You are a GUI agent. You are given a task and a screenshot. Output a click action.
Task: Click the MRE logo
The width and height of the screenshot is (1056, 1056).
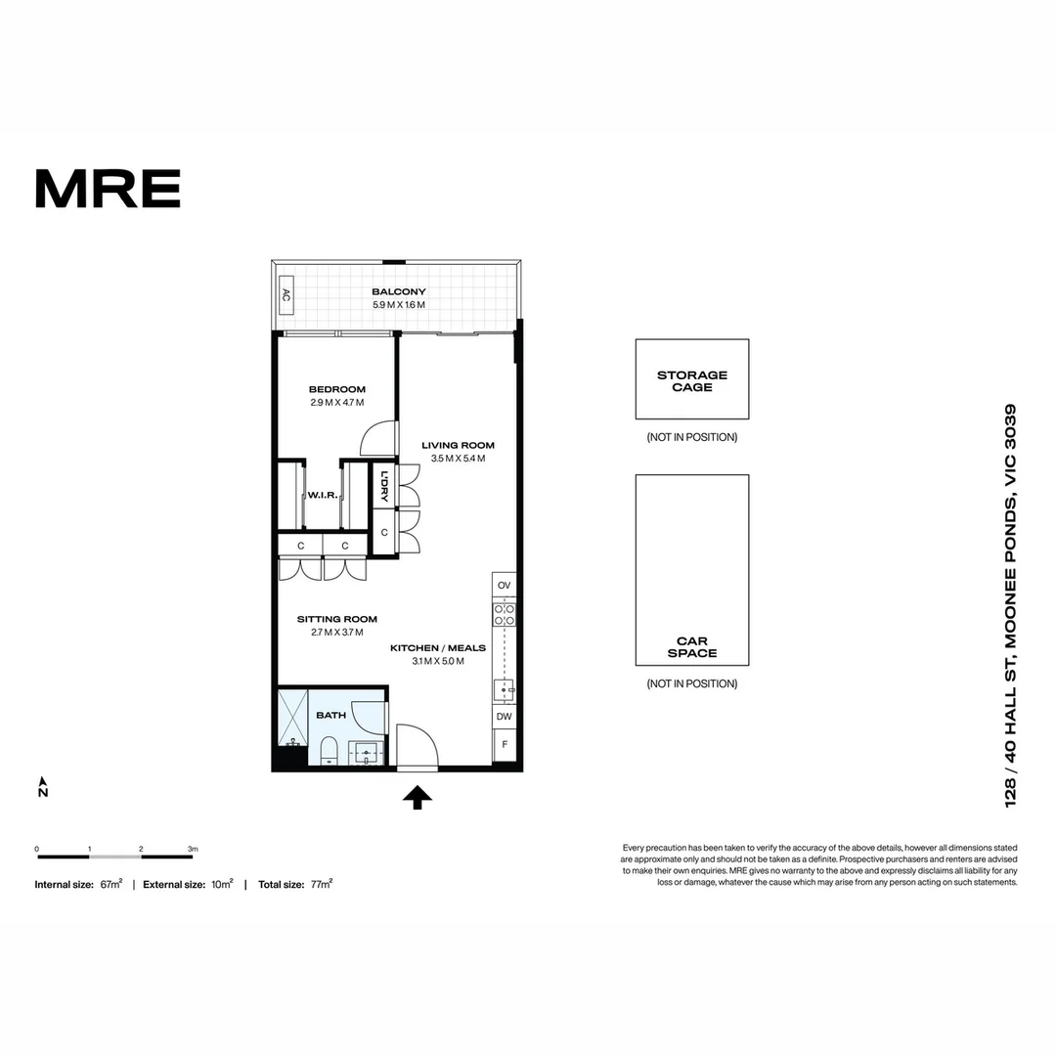tap(108, 189)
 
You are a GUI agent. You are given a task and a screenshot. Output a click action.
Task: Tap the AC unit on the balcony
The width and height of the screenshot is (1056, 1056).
tap(286, 294)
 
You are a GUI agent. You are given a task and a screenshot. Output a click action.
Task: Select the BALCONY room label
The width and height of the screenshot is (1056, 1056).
tap(398, 291)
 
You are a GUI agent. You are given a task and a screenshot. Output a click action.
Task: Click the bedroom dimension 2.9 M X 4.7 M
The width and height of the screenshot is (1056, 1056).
tap(336, 402)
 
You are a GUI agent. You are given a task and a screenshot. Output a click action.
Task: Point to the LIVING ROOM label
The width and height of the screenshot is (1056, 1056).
tap(458, 445)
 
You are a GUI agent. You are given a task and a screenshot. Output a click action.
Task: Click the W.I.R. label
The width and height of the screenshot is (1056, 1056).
tap(323, 496)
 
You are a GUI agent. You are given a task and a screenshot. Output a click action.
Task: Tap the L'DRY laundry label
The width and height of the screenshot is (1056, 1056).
tap(384, 487)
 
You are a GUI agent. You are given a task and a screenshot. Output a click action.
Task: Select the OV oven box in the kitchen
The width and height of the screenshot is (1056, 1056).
tap(504, 586)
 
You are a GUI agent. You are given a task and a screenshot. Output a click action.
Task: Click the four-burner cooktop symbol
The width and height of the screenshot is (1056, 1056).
tap(504, 614)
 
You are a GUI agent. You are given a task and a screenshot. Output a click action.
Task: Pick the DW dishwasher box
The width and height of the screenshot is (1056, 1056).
tap(504, 717)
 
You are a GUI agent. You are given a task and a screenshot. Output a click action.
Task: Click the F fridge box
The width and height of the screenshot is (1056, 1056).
tap(504, 745)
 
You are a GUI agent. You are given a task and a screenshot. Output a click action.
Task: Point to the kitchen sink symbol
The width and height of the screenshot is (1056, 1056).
tap(505, 690)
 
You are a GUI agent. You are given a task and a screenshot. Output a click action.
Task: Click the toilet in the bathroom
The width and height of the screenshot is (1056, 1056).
tap(329, 751)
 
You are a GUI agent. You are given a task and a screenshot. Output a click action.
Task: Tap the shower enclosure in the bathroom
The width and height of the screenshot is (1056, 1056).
tap(292, 719)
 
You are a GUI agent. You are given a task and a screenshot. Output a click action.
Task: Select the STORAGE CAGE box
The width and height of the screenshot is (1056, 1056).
tap(691, 379)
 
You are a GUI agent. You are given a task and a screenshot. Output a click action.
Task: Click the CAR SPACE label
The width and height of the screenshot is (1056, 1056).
tap(691, 647)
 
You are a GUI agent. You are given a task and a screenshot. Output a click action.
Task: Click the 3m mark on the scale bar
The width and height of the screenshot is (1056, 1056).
tap(193, 849)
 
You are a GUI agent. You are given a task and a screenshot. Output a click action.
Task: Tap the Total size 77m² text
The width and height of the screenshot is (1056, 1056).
tap(294, 884)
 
